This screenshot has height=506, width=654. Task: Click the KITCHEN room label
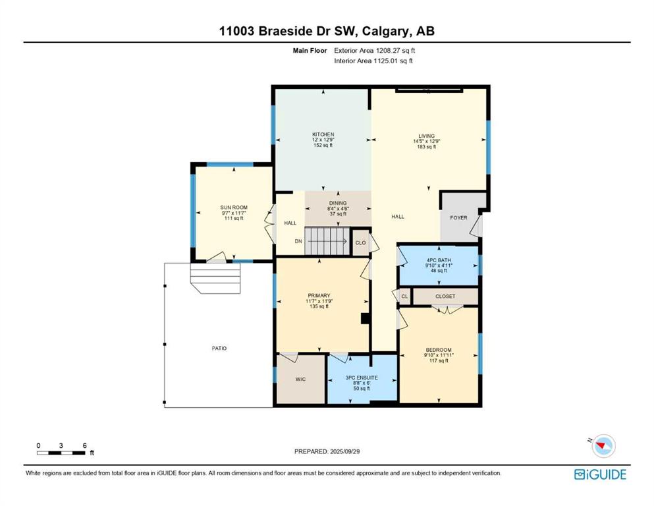323,134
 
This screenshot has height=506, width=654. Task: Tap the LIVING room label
427,136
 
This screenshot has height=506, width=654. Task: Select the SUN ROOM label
234,208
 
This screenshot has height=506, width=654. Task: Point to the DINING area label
338,203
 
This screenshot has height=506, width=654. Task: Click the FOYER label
459,217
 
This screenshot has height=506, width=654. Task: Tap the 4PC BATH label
439,260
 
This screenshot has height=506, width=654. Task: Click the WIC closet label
300,379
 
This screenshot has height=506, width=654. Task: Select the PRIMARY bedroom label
319,295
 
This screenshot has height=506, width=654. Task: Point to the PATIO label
219,349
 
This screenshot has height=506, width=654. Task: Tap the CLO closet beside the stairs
360,242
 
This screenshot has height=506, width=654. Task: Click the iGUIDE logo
600,475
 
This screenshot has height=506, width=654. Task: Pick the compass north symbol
603,445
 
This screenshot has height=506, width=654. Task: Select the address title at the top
327,31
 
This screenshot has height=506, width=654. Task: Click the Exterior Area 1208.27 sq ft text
375,51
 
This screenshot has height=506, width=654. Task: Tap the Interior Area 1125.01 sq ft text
373,61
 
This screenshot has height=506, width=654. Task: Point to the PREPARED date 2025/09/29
327,451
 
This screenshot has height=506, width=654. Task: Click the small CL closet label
404,296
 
